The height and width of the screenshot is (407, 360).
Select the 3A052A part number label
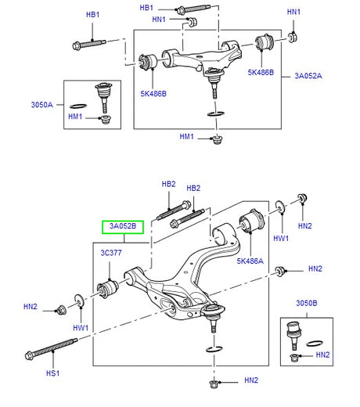[310, 76]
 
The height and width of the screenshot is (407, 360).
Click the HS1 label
[52, 373]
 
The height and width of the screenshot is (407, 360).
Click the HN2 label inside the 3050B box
[323, 355]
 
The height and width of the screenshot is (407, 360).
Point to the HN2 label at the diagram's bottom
[250, 381]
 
